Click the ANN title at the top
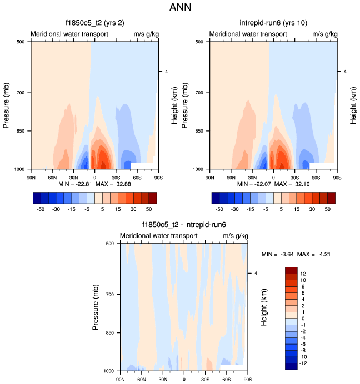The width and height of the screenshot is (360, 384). coord(180,8)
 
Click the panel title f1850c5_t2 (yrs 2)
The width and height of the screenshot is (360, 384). coord(94,23)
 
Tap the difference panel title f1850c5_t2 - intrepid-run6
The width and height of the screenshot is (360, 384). coord(184,225)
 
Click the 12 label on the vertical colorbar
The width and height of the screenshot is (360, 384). coord(303,274)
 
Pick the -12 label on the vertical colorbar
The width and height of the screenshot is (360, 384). coord(304,363)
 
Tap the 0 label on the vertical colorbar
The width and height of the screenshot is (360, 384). coord(302,318)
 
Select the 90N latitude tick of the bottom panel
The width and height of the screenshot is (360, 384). coord(121,380)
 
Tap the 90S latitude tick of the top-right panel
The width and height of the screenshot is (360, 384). coord(337,177)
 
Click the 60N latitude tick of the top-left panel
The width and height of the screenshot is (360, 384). coord(52,177)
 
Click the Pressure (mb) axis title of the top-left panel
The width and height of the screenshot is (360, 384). coord(7,105)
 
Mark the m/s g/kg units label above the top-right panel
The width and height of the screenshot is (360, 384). coord(324,34)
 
